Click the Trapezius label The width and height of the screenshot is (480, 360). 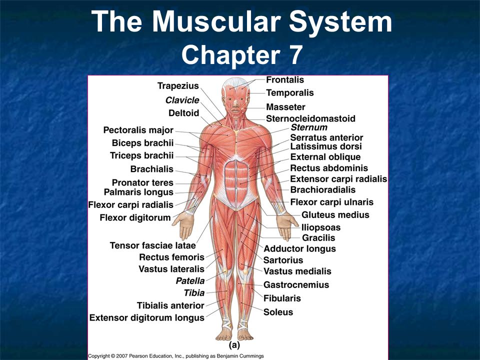click(x=178, y=86)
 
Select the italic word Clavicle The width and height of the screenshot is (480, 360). click(x=182, y=100)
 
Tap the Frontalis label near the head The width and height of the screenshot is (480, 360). click(x=285, y=80)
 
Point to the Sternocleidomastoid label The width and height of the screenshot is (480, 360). click(x=310, y=118)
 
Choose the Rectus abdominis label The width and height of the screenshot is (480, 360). click(x=329, y=168)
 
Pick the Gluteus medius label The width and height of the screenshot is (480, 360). click(x=335, y=215)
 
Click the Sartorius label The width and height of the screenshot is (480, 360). click(x=283, y=260)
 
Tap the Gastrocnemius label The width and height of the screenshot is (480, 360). click(x=296, y=285)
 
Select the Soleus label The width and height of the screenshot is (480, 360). click(x=278, y=311)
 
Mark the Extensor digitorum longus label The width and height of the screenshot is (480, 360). click(x=146, y=317)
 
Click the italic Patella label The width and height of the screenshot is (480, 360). click(x=190, y=281)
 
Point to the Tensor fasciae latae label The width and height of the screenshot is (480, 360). click(x=152, y=245)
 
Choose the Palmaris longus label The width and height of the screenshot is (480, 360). click(x=138, y=192)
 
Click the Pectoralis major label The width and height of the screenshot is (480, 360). click(x=138, y=130)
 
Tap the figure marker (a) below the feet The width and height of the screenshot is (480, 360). click(x=234, y=345)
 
